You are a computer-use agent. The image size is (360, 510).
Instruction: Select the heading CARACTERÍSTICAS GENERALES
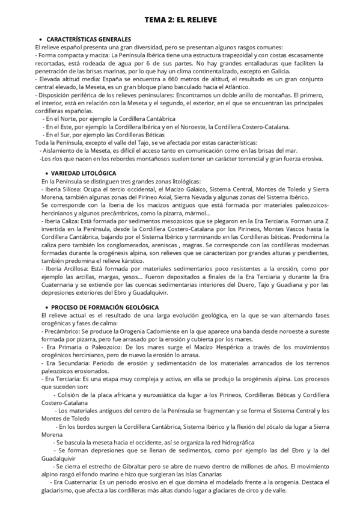84,39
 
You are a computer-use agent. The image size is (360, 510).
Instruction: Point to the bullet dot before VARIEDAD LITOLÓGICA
40,173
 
